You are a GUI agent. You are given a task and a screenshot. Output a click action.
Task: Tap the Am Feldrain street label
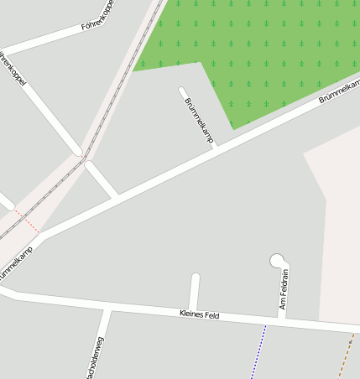284,289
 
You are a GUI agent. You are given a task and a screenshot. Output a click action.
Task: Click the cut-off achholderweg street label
95,356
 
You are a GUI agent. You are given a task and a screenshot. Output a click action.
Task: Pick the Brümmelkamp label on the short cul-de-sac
198,119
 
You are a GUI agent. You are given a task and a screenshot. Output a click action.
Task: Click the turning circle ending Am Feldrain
277,261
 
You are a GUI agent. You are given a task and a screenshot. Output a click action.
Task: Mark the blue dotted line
258,352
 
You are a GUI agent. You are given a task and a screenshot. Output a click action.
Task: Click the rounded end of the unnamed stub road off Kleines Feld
196,277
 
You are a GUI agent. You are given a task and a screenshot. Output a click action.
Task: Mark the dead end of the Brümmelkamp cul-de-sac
182,89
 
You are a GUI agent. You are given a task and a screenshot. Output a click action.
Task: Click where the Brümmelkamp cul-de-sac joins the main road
216,148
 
